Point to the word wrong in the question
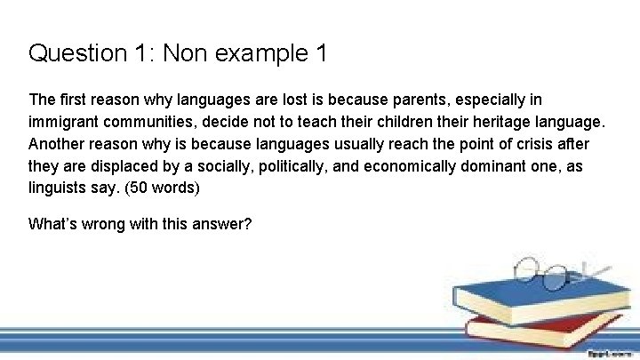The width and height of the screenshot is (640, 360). [x=102, y=224]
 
